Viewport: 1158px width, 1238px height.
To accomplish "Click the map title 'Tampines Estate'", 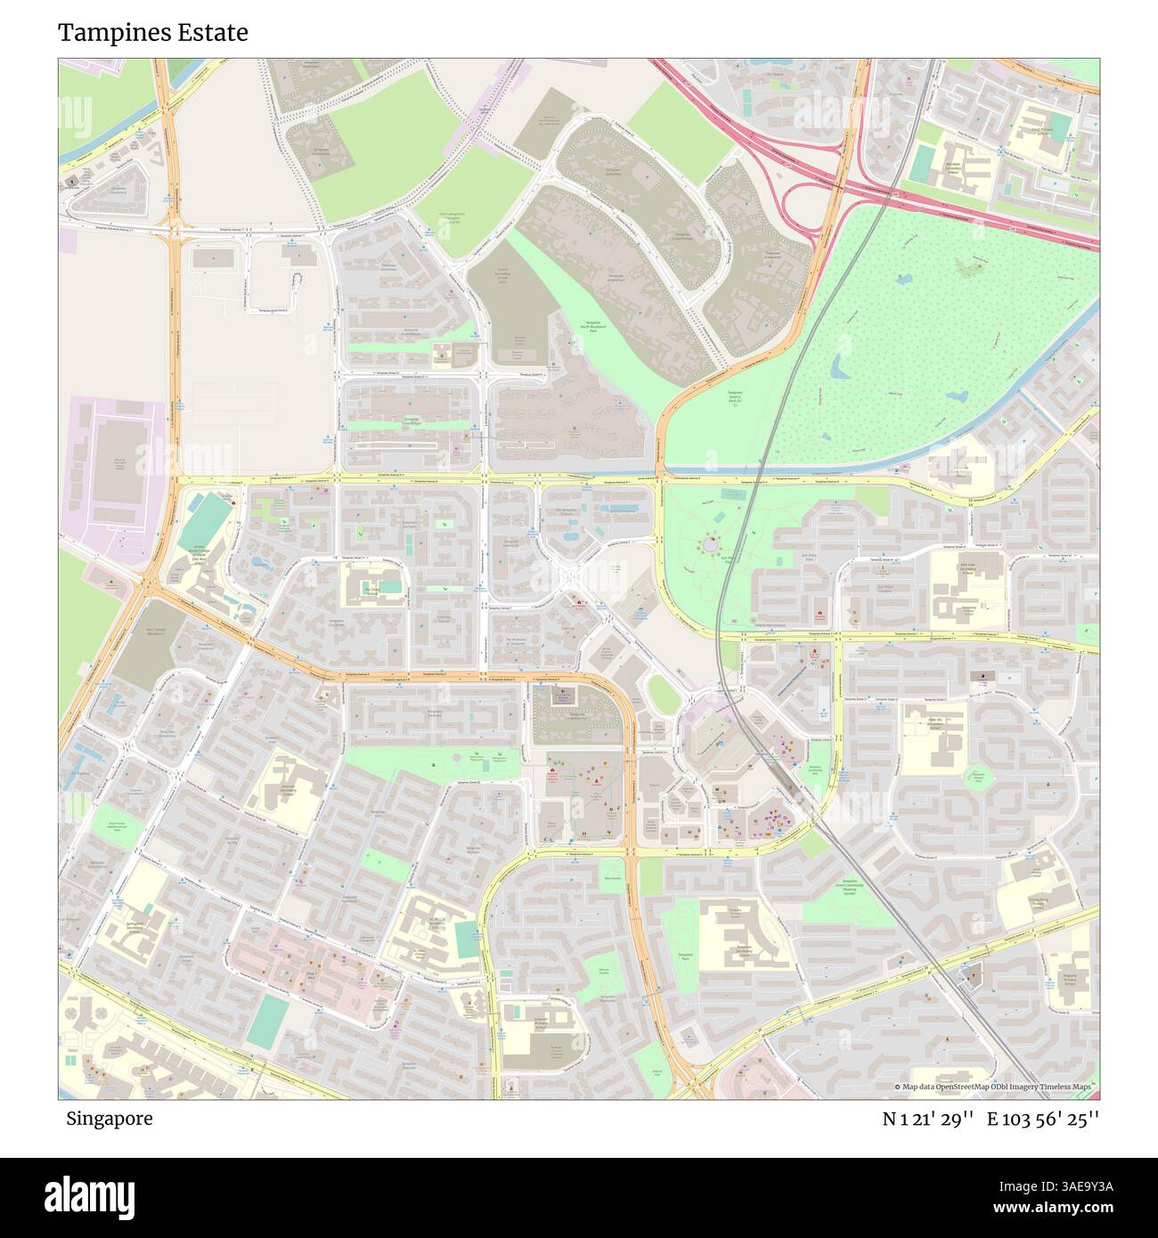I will click(x=152, y=33).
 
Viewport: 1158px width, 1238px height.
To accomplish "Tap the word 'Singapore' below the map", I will click(x=109, y=1119).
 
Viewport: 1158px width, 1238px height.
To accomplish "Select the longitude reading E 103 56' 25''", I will click(x=1043, y=1119).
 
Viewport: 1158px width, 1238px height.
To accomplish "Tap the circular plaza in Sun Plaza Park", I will click(x=710, y=542).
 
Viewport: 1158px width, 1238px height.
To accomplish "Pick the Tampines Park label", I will click(x=685, y=957).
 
